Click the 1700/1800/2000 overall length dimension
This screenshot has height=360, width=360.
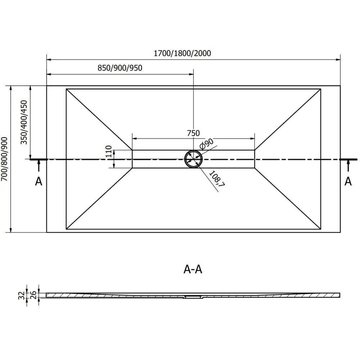tap(182, 53)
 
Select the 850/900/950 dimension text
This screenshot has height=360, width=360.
tap(120, 68)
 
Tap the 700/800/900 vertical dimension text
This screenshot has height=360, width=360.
tap(4, 159)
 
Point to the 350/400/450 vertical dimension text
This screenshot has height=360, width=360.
tap(24, 122)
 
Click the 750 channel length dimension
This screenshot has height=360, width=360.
tap(193, 133)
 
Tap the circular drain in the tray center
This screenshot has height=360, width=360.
tap(193, 159)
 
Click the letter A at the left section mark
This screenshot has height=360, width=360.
tap(39, 181)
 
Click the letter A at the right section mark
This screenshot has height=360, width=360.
tap(348, 181)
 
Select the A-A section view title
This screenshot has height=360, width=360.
tap(193, 269)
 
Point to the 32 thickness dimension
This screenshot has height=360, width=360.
tap(21, 296)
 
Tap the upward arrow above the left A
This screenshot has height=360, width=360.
tap(39, 166)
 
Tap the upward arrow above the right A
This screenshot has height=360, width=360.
tap(348, 166)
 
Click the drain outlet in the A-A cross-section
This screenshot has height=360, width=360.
tap(193, 297)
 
